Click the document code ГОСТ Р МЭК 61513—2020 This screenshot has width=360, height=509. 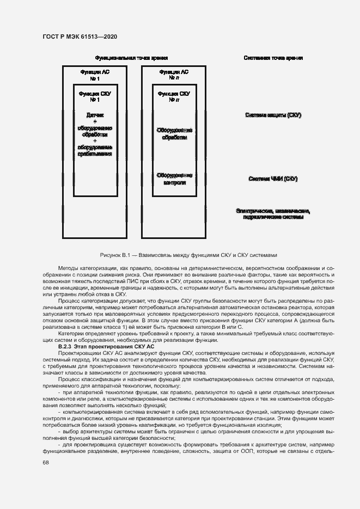point(79,37)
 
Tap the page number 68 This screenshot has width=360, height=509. point(45,462)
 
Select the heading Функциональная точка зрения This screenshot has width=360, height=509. point(131,58)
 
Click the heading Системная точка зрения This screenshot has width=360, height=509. point(273,58)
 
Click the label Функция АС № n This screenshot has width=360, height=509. point(174,75)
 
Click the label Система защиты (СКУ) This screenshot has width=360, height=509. point(273,115)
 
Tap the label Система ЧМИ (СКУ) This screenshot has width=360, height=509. point(273,179)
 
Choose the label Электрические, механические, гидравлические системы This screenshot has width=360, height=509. point(273,214)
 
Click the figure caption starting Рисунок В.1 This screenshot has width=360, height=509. point(189,254)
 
